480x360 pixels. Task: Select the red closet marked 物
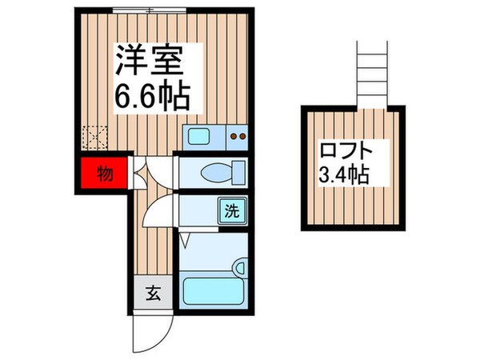point(102,173)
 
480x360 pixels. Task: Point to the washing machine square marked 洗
point(232,214)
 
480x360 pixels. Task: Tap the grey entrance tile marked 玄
point(152,294)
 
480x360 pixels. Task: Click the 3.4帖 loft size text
point(342,174)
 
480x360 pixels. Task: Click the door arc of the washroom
point(160,212)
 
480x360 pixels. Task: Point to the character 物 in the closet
point(103,172)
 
